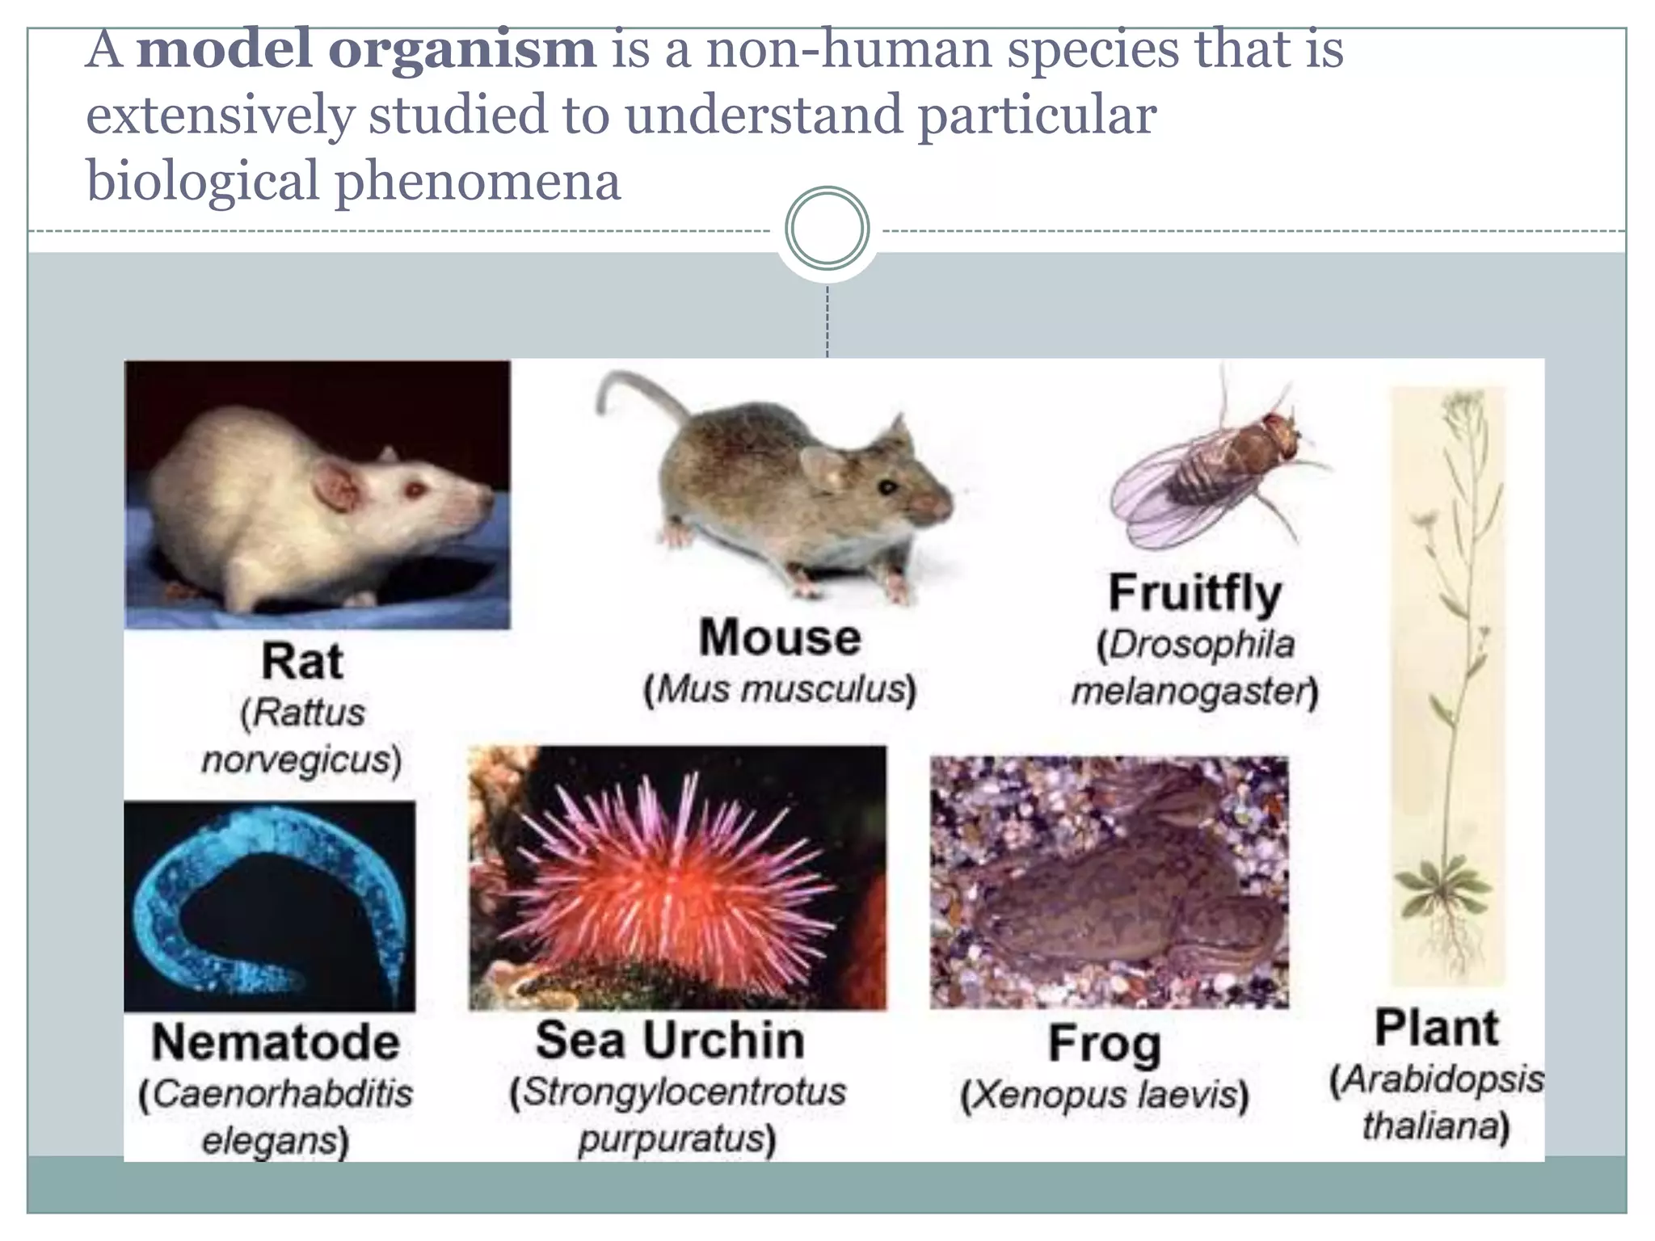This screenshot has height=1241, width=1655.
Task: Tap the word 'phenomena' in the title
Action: click(478, 181)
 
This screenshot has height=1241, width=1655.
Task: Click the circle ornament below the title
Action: click(827, 228)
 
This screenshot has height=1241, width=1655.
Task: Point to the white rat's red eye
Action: click(415, 490)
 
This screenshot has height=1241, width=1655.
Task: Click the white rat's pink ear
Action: click(337, 486)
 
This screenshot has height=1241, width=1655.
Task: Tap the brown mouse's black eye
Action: click(888, 487)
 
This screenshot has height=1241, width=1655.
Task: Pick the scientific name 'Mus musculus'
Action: click(781, 690)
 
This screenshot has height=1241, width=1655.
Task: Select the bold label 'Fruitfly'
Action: click(1194, 593)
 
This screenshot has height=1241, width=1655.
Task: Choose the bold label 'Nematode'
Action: click(276, 1042)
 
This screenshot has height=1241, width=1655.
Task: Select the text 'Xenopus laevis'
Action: click(1104, 1096)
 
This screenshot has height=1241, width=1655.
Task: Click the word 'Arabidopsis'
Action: click(1437, 1080)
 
